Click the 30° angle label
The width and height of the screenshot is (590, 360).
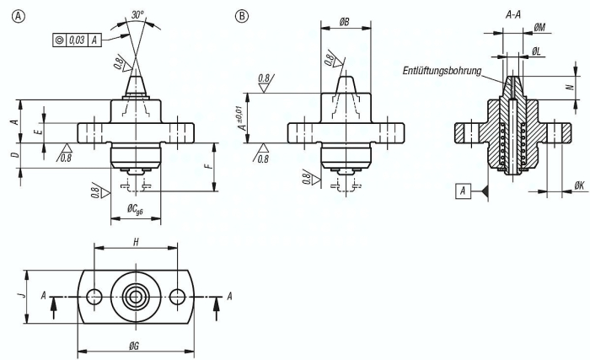click(137, 14)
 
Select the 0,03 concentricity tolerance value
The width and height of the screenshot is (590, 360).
click(77, 40)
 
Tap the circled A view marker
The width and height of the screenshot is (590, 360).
click(19, 16)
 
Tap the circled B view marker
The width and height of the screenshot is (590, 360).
click(242, 16)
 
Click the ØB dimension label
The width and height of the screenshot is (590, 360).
click(344, 22)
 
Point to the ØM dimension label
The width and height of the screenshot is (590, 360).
click(539, 27)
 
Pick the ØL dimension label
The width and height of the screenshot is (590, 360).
click(536, 51)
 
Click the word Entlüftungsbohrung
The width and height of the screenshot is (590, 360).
click(442, 71)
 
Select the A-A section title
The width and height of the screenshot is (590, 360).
click(513, 15)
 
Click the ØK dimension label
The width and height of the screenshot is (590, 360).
click(580, 185)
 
